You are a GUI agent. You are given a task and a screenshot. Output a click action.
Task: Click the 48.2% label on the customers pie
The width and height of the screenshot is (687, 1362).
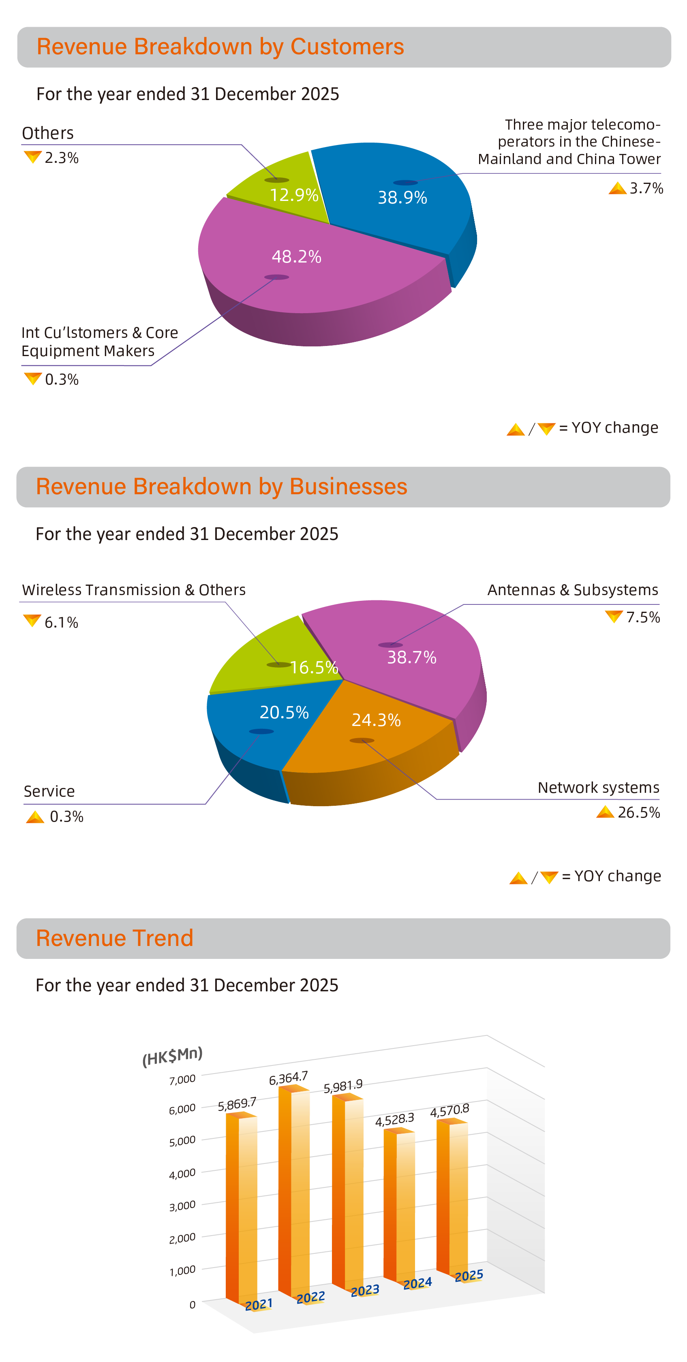pos(296,257)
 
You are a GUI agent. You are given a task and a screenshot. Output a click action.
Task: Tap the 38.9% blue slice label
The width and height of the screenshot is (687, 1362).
pos(402,198)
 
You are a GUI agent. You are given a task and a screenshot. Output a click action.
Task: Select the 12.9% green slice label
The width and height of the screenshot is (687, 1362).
pos(294,195)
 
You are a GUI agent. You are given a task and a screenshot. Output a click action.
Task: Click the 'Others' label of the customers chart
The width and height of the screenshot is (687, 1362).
pos(47,133)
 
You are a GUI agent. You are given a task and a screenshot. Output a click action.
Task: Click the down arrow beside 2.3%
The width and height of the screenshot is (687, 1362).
pos(32,157)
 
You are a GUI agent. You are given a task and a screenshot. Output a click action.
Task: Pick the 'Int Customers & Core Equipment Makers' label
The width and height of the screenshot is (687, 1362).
pos(99,342)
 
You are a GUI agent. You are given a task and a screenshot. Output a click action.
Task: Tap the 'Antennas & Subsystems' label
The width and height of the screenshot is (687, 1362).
pos(572,590)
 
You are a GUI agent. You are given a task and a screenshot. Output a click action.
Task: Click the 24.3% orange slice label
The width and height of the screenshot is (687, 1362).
pos(376,720)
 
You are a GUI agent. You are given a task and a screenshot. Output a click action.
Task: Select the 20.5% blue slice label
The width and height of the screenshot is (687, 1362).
pos(284,713)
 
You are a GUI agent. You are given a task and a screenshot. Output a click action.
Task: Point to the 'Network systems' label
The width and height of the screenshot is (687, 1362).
pos(598,788)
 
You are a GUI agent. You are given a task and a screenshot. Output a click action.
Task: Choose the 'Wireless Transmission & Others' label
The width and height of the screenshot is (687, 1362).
pos(134,590)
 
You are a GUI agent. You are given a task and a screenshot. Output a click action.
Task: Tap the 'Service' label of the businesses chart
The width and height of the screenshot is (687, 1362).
pos(49,792)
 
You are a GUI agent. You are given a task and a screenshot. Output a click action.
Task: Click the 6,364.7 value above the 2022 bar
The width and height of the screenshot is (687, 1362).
pos(288,1078)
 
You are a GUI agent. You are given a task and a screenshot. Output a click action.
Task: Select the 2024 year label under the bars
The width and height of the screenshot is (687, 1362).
pos(417,1283)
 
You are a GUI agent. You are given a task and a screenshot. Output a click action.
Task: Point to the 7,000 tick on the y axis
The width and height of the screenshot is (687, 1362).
pos(182,1080)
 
